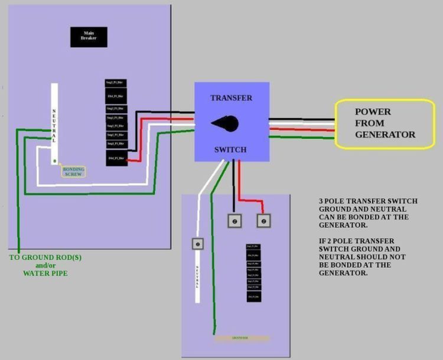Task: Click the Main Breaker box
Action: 88,37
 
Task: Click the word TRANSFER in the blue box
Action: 232,98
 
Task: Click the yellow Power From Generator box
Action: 385,124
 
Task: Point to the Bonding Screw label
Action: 73,172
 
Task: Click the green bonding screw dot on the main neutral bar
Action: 54,160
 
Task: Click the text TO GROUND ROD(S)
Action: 38,258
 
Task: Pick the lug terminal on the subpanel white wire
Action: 197,244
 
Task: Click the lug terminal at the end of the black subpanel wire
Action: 234,220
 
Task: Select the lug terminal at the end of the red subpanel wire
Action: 263,220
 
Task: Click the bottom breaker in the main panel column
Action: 117,158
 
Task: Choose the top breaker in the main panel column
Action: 117,83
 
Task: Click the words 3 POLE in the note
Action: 331,202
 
